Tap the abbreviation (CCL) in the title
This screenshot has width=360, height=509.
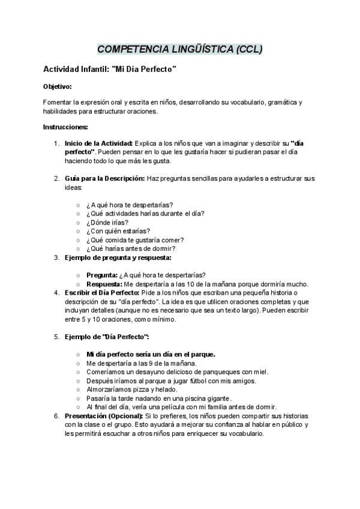click(x=248, y=49)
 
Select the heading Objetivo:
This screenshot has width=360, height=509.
click(x=58, y=86)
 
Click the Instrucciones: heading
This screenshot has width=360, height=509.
click(x=65, y=127)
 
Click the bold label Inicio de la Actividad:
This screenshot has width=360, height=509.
click(x=99, y=143)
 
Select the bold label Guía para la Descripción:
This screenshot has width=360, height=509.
click(x=104, y=178)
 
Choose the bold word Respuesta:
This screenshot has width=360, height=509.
click(x=104, y=284)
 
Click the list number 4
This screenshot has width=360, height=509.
click(x=56, y=292)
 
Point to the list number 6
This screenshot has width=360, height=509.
click(x=56, y=416)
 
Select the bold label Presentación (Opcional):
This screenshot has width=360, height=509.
click(x=104, y=416)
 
